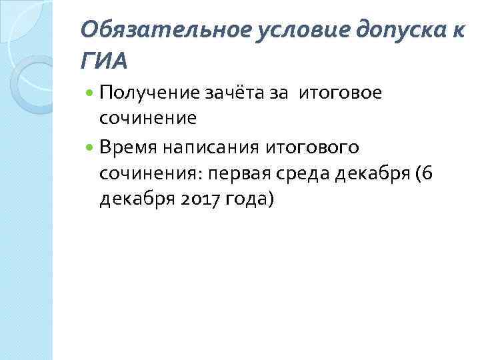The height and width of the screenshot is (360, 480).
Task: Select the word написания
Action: coord(198,147)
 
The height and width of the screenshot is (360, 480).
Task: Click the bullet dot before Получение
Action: coord(90,93)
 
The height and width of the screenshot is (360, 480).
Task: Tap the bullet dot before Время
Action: coord(90,147)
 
